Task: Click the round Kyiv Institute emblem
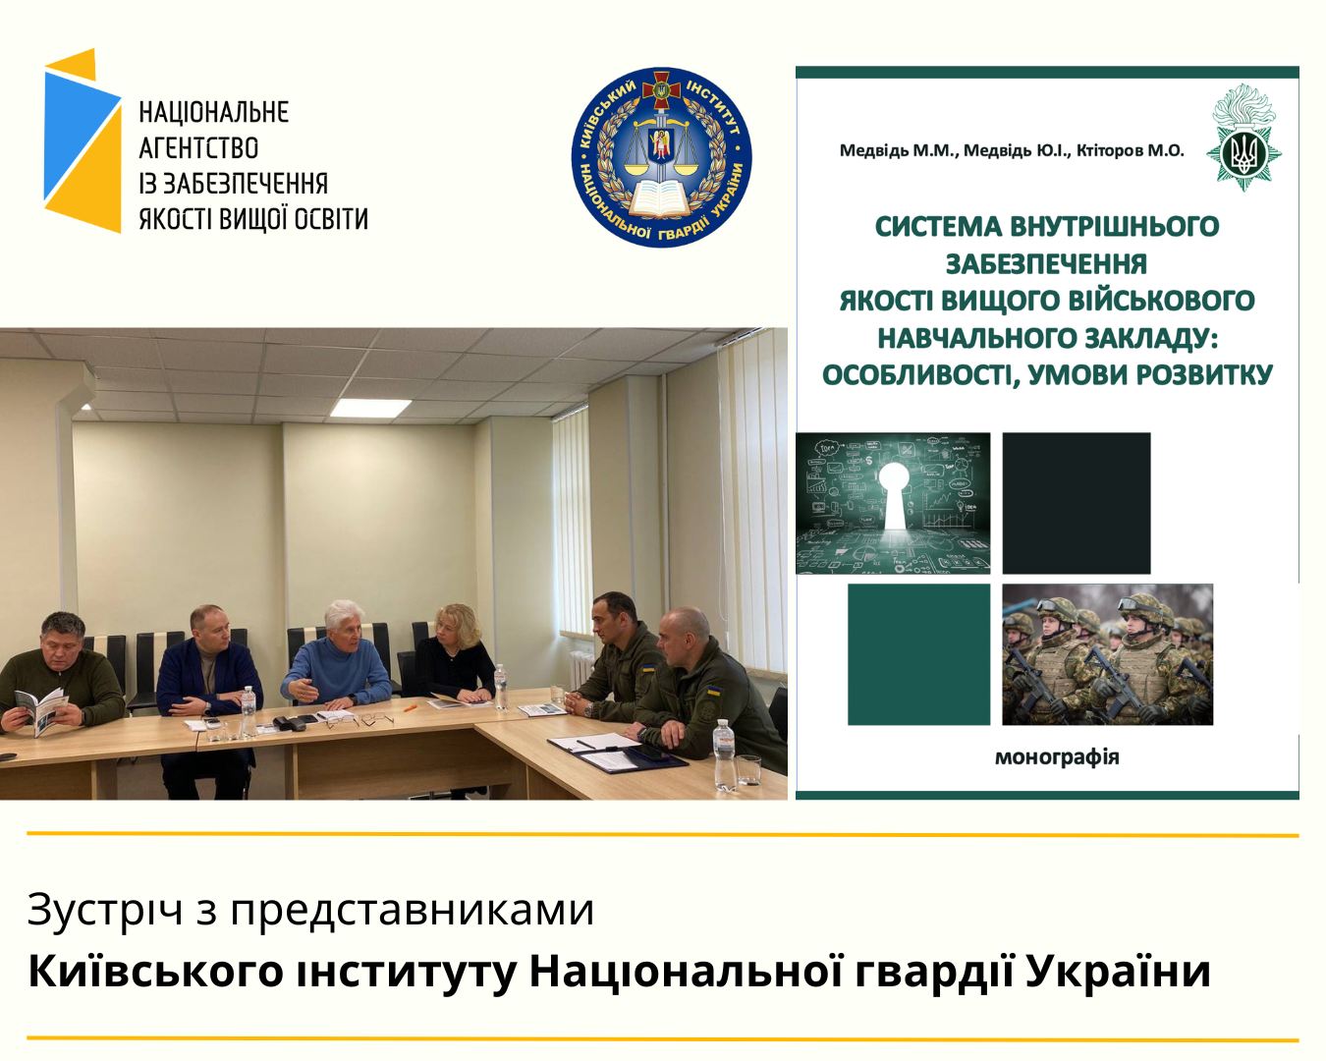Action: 662,157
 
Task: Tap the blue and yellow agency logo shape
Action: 83,140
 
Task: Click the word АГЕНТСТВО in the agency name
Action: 198,148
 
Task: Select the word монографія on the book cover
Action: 1057,756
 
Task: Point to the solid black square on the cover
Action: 1077,503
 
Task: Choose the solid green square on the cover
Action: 918,654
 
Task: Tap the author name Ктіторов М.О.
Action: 1131,150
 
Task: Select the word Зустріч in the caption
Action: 105,910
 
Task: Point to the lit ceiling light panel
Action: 371,408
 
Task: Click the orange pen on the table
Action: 410,708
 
